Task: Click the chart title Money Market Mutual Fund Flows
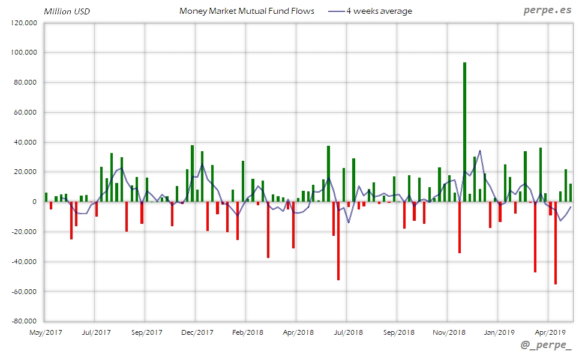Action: coord(247,11)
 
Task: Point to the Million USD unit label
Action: coord(67,11)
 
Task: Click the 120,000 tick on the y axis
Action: coord(25,23)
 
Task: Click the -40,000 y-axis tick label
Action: coord(25,262)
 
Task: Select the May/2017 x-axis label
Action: coord(46,332)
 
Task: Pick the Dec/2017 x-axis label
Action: coord(197,332)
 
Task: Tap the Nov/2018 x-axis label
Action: coord(449,332)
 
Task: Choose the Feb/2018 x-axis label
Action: coord(247,332)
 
